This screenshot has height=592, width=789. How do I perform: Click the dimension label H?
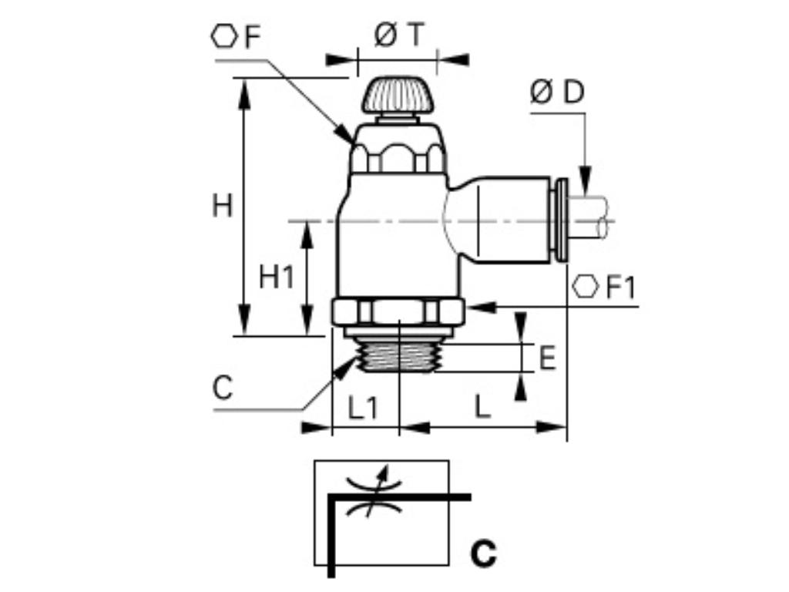pos(222,207)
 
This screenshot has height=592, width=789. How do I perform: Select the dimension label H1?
pos(277,277)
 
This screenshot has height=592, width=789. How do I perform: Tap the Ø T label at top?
pos(398,35)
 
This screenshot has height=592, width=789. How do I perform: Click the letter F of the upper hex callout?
pos(252,38)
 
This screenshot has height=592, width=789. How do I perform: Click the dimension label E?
pos(547,358)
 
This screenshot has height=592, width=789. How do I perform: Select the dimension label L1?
pos(363,408)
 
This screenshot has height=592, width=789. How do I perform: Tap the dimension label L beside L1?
pos(482,408)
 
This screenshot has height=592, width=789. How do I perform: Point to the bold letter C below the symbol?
pos(483,553)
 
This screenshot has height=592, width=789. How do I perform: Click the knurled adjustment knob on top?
pos(398,95)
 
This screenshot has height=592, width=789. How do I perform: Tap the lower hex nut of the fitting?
pos(398,312)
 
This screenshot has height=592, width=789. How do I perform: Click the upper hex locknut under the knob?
pos(398,151)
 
